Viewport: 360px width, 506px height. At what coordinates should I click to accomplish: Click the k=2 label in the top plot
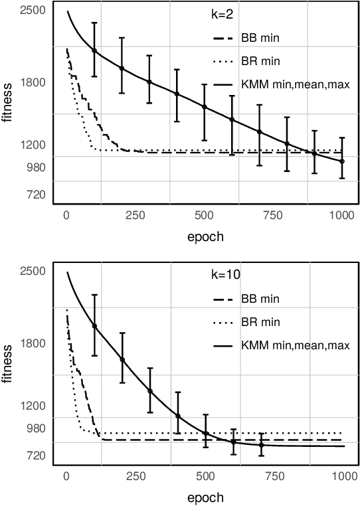(x=213, y=13)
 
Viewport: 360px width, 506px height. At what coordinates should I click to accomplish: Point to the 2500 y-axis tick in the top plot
(x=33, y=11)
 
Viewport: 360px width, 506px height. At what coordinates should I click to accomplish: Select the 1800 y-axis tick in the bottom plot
(x=33, y=343)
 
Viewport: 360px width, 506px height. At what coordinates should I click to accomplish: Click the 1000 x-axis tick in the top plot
(x=342, y=214)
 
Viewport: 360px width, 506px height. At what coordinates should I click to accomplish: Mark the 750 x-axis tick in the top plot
(x=273, y=214)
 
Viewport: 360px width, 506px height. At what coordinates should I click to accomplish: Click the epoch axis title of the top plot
(x=204, y=236)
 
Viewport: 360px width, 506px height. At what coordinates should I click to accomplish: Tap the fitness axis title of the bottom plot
(x=8, y=363)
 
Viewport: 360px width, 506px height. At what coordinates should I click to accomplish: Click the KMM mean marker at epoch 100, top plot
(x=94, y=50)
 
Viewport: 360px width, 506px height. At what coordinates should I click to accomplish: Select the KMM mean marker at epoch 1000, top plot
(x=342, y=161)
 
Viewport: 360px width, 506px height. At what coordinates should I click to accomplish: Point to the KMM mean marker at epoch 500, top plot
(x=205, y=107)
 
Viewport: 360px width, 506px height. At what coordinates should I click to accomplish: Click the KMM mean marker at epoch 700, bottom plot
(x=261, y=445)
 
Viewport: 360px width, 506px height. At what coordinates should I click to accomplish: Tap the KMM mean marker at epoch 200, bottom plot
(x=122, y=360)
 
